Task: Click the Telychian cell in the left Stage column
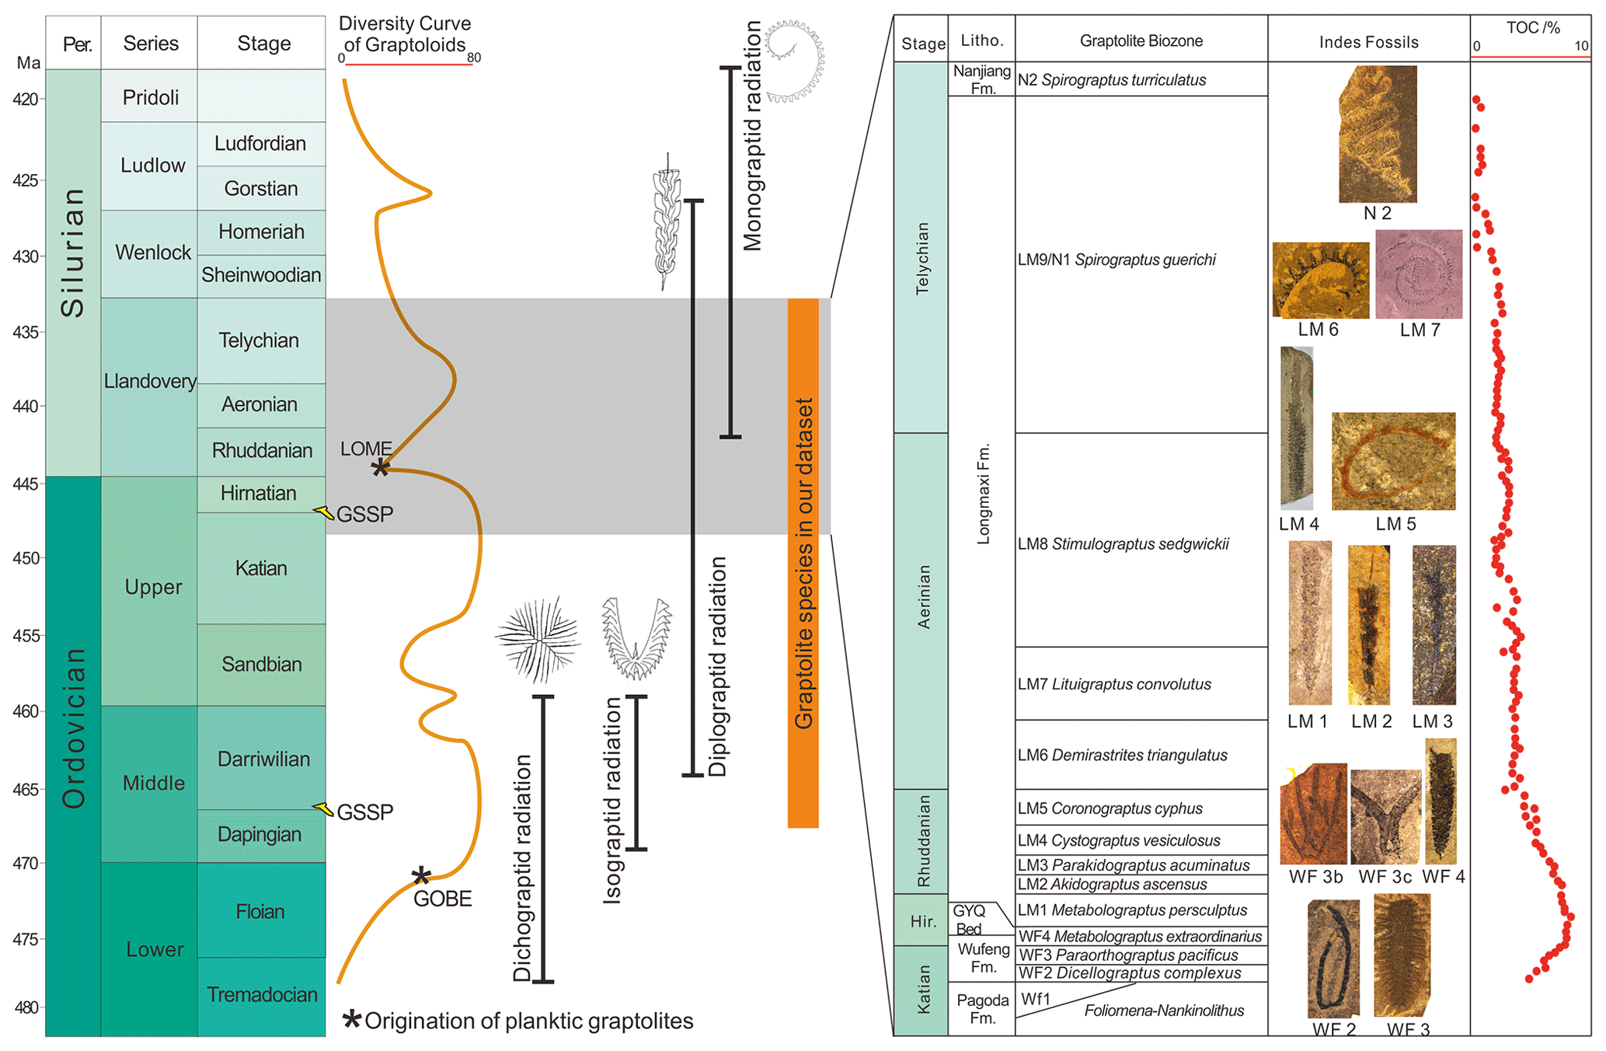[260, 340]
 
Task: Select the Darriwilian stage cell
[263, 759]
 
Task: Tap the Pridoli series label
[151, 97]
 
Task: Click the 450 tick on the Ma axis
[28, 558]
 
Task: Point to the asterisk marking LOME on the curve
[380, 467]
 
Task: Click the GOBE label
[442, 899]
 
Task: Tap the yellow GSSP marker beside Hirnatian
[324, 512]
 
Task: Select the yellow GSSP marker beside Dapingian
[323, 808]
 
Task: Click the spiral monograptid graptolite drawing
[795, 62]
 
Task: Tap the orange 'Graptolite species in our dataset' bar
[803, 563]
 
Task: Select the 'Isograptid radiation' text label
[613, 801]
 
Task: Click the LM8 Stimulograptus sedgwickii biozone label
[1124, 544]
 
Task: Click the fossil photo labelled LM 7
[1418, 274]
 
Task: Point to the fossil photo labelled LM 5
[1392, 462]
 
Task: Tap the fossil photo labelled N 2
[1378, 134]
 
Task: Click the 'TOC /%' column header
[1532, 28]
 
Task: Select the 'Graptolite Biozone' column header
[1141, 40]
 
